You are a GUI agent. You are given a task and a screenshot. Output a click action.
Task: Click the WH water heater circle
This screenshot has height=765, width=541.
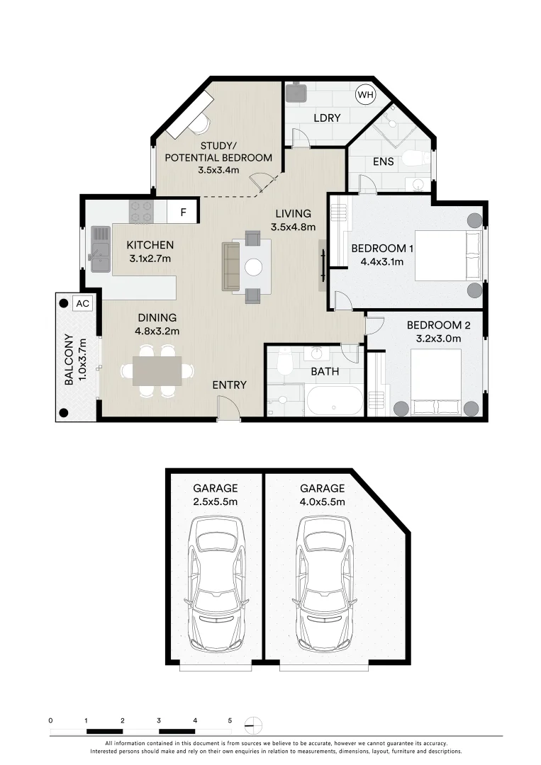pos(364,94)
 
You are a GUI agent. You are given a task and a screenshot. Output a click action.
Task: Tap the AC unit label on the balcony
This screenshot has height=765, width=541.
pos(82,303)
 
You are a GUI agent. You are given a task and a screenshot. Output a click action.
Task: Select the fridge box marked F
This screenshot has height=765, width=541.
pos(183,212)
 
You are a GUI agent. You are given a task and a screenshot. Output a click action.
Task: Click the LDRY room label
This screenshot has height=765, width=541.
pos(327,118)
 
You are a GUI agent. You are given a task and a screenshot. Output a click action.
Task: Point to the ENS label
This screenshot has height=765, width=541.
pos(383,161)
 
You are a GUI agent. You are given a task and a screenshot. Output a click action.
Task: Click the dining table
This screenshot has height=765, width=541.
pos(157,370)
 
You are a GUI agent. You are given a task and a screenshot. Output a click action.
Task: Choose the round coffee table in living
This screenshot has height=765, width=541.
pos(254,267)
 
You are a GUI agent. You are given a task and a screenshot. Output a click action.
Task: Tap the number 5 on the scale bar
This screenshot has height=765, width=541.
pos(230,720)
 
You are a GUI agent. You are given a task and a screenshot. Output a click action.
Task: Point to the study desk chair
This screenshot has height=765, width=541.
pos(201,123)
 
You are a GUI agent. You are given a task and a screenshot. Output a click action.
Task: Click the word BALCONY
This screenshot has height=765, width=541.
pos(69,359)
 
